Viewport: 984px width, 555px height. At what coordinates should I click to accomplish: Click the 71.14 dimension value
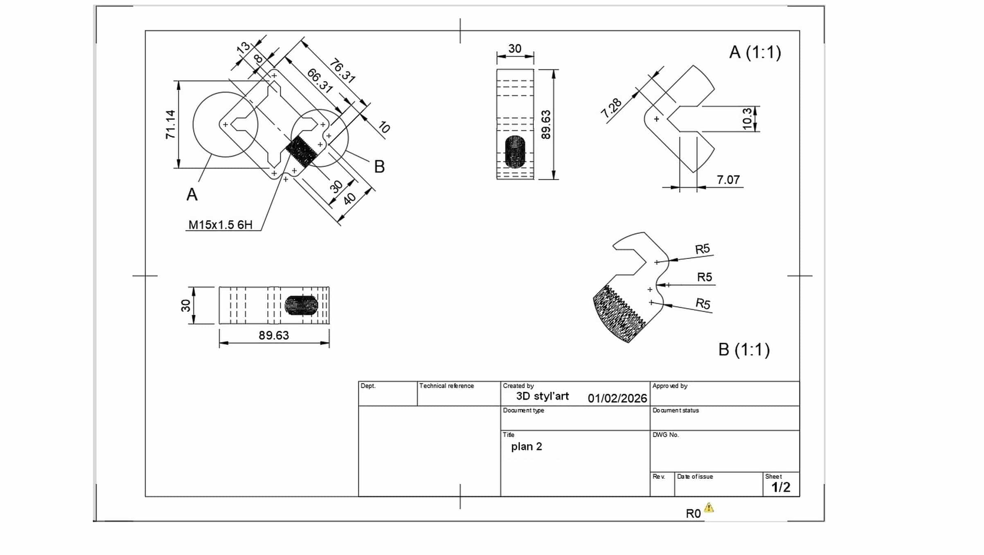(171, 124)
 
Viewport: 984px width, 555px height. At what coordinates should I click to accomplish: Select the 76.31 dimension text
(342, 71)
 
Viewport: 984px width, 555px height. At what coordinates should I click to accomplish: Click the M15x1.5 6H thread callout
(221, 225)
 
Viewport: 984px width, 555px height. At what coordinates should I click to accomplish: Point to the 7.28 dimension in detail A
(611, 108)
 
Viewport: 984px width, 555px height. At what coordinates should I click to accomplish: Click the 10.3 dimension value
(747, 119)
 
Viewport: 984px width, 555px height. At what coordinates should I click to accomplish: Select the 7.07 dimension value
(728, 180)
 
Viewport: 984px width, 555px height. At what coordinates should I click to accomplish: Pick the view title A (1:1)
(755, 52)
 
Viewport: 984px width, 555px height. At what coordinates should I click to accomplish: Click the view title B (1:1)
(744, 350)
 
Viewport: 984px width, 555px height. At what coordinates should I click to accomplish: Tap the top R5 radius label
(703, 249)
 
